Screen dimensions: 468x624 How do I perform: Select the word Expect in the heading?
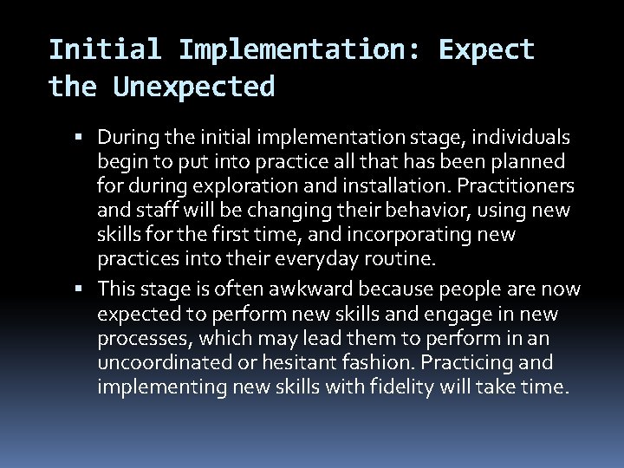point(487,49)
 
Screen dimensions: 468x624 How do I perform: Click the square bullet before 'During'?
point(88,137)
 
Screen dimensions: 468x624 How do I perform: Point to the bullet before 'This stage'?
point(88,289)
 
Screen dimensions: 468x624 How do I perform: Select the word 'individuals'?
point(520,137)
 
